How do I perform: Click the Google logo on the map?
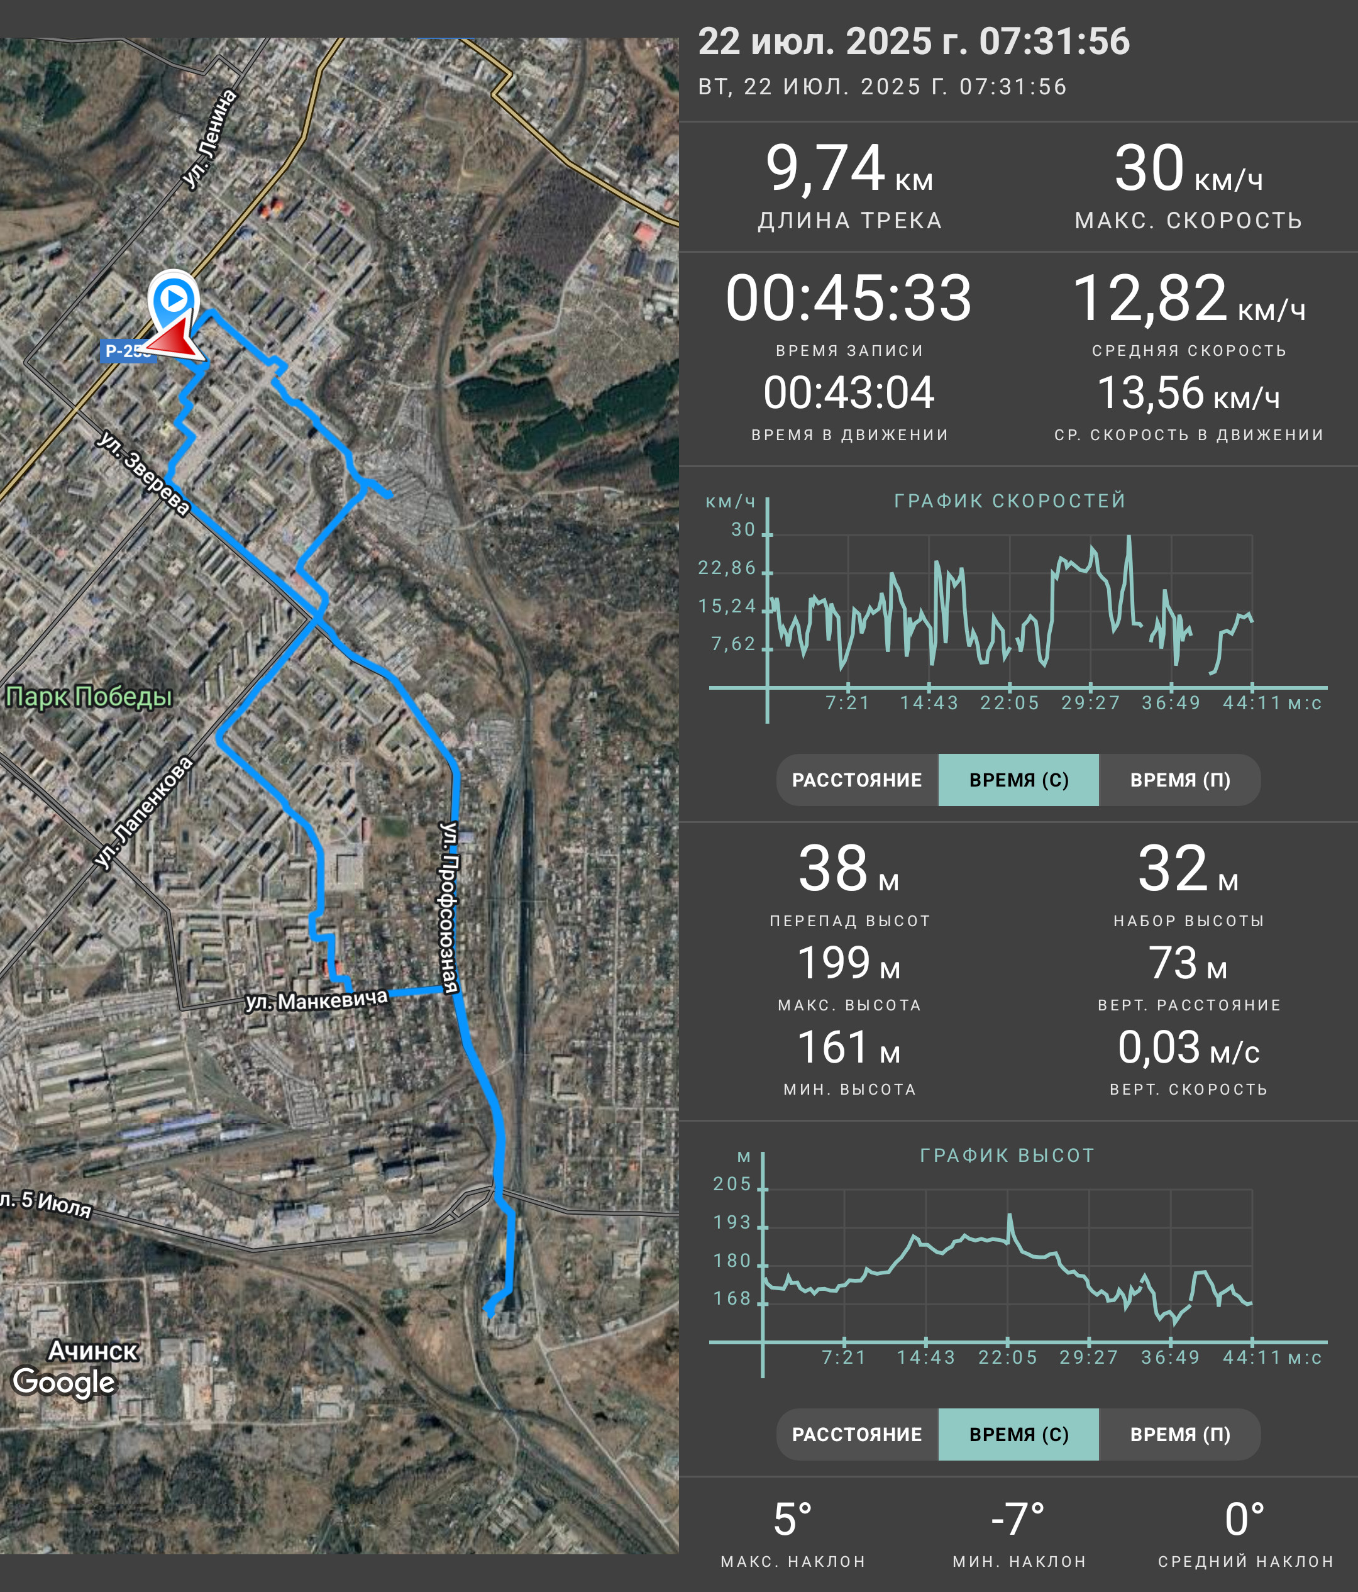[63, 1381]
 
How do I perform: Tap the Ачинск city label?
[93, 1350]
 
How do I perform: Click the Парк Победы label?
[89, 696]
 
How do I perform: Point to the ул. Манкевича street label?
[316, 1000]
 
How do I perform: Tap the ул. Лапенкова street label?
[143, 813]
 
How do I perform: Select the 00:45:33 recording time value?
[849, 297]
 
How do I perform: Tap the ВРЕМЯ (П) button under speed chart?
[1180, 780]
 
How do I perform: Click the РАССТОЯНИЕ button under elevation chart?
[857, 1434]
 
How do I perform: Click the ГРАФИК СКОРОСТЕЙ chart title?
[1009, 501]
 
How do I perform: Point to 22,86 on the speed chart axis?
[727, 568]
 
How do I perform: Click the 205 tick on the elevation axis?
[732, 1184]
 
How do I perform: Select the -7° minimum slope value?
[1018, 1520]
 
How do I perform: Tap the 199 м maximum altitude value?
[849, 963]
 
